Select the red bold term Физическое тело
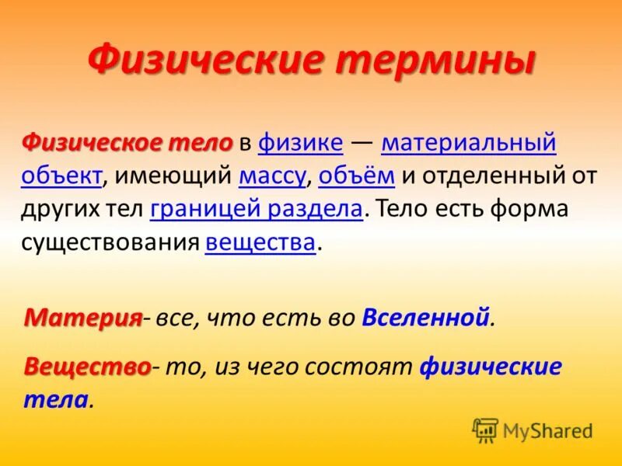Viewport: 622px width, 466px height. point(128,143)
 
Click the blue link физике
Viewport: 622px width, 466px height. point(300,143)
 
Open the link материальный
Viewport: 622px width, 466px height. point(469,143)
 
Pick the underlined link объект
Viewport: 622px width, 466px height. point(62,176)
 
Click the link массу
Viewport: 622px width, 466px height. point(272,176)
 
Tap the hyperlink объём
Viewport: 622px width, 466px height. point(357,176)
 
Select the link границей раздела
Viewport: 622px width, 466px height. point(257,209)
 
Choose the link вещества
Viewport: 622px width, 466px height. point(260,242)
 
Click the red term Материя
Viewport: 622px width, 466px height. point(83,317)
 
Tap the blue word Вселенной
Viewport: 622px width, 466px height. point(426,317)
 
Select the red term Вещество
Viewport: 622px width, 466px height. point(87,367)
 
